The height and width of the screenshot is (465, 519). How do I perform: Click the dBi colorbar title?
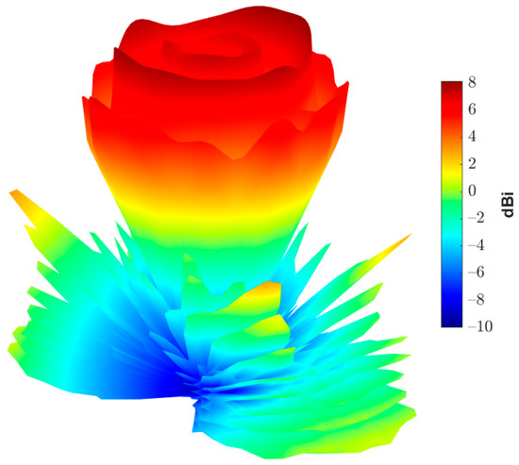click(x=508, y=203)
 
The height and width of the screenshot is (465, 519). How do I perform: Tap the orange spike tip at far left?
click(x=15, y=194)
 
